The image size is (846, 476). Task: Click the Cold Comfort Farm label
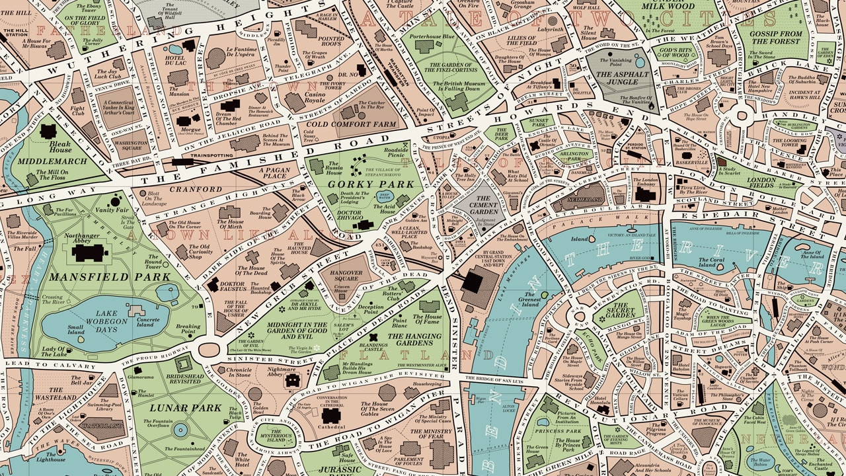point(351,124)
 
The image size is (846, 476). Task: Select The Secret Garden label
point(621,312)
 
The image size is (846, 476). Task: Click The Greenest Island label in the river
point(529,299)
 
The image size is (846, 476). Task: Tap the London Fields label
point(761,183)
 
